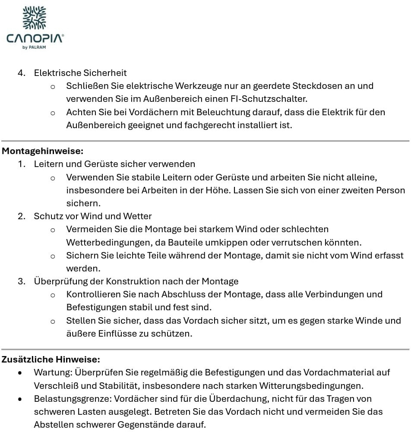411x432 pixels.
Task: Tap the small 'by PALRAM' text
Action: point(34,47)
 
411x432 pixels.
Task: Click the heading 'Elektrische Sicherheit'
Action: point(80,73)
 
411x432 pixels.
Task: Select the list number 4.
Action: point(21,73)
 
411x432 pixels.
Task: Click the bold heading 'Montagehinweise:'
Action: point(42,151)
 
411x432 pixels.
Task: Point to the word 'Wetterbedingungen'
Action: point(102,242)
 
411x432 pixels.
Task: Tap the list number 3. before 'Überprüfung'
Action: point(21,281)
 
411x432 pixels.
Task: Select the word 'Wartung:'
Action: point(53,372)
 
